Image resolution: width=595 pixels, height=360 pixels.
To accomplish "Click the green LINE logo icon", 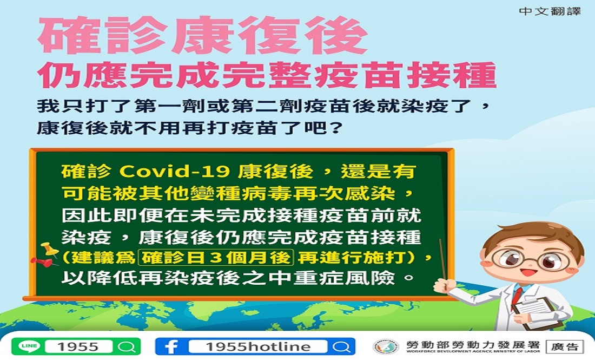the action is (29, 346).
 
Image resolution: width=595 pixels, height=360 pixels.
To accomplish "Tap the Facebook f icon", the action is (171, 346).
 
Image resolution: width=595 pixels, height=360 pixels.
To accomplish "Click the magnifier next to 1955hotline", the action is (341, 346).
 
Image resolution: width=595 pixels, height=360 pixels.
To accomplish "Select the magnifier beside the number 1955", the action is (127, 346).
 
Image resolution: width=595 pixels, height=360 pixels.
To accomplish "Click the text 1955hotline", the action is (258, 346).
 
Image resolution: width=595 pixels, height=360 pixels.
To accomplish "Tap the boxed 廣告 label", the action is (565, 346).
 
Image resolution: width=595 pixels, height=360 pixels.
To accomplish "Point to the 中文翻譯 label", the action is (550, 11).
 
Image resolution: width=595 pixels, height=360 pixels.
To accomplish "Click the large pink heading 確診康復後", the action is (203, 35).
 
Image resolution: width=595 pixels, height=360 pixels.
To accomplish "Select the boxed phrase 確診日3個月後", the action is (216, 258).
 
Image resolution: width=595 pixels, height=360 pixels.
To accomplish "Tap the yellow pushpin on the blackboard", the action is (49, 248).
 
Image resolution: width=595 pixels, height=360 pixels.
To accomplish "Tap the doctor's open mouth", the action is (525, 272).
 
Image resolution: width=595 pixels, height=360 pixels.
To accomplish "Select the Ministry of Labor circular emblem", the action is (386, 346).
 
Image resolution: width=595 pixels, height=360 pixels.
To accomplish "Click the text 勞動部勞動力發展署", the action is (472, 345).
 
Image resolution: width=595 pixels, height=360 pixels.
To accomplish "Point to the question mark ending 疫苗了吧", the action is (334, 128).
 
